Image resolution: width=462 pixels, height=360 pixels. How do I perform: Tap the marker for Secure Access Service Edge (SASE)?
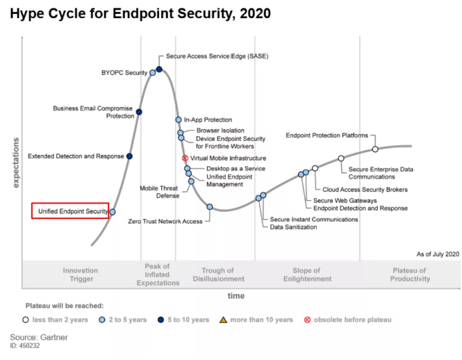tap(159, 69)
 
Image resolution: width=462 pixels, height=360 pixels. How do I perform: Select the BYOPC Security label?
tap(124, 72)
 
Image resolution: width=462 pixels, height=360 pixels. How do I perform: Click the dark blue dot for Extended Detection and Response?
tap(129, 156)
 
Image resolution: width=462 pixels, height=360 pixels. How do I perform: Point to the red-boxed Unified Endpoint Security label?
tap(70, 211)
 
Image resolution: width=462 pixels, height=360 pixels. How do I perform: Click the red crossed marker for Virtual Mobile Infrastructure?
tap(185, 158)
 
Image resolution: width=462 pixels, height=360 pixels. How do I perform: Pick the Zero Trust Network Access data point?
tap(209, 206)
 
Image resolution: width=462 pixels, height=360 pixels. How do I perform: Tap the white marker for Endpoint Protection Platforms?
tap(375, 149)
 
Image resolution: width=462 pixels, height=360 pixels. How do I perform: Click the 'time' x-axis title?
tap(236, 295)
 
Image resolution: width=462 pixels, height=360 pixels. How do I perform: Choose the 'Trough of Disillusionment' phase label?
tap(222, 275)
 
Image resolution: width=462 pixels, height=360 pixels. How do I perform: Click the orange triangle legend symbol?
tap(223, 320)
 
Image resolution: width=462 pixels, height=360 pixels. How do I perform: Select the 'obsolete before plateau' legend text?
tap(352, 320)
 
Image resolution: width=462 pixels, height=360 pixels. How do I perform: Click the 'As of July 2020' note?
tap(438, 254)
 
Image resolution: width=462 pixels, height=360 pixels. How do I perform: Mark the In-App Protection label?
tap(208, 120)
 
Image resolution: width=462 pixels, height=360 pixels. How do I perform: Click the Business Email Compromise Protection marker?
tap(139, 112)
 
